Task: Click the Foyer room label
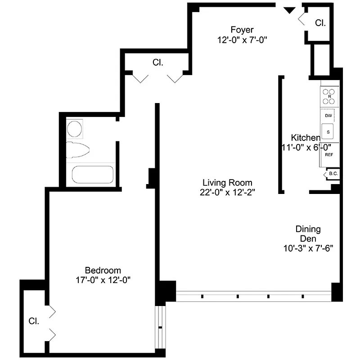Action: [x=243, y=30]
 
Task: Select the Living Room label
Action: [x=227, y=183]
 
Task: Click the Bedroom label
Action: [x=103, y=270]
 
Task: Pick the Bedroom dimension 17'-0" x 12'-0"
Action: [x=103, y=280]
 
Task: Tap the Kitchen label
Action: [x=306, y=138]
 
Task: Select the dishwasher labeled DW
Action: [x=328, y=116]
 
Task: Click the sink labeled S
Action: [x=328, y=132]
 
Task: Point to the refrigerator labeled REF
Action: [x=329, y=154]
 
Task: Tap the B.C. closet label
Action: [x=333, y=174]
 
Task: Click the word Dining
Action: [x=308, y=229]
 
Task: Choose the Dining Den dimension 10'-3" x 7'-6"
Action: [x=308, y=247]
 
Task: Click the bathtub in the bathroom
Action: [x=93, y=175]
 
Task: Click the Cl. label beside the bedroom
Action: [x=34, y=321]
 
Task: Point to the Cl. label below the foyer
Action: [x=157, y=63]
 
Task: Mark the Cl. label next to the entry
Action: [x=320, y=22]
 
